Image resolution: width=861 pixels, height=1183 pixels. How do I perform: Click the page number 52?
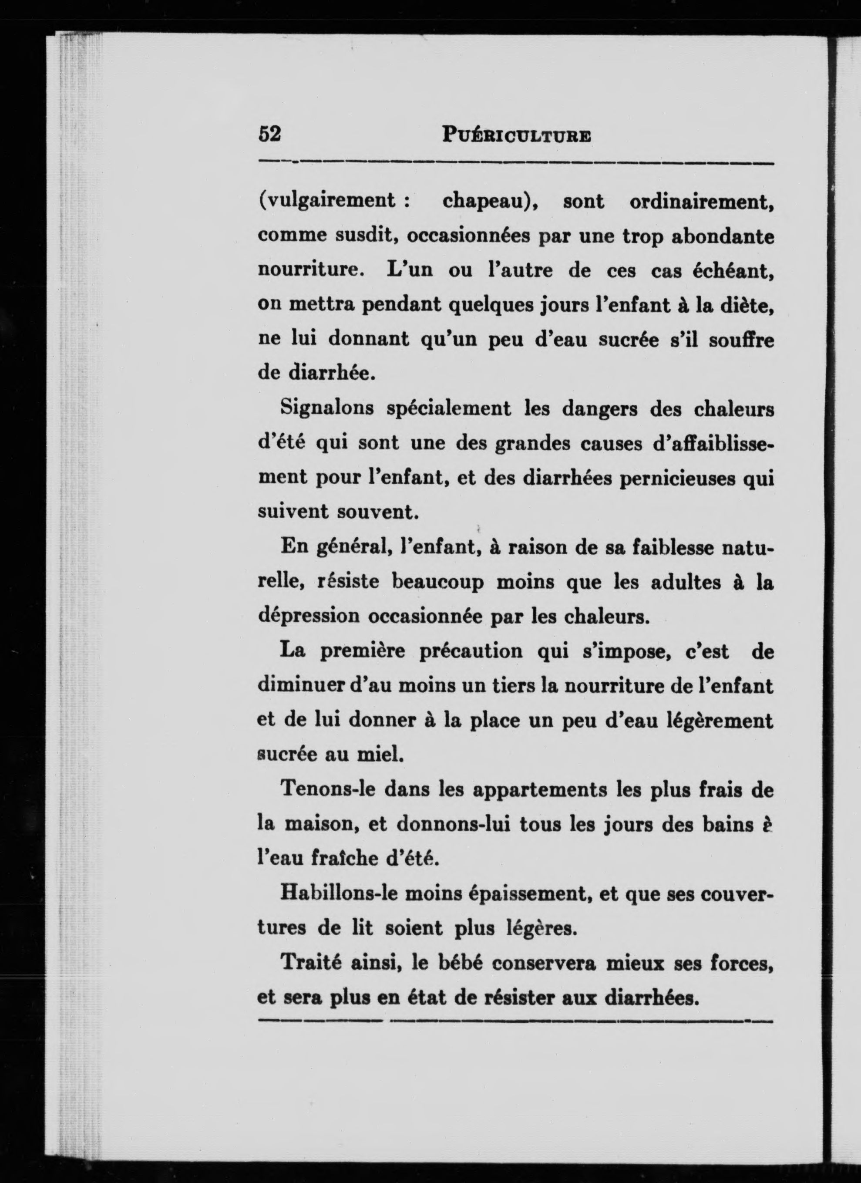(269, 134)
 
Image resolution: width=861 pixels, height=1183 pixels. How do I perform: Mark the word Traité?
(311, 962)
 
